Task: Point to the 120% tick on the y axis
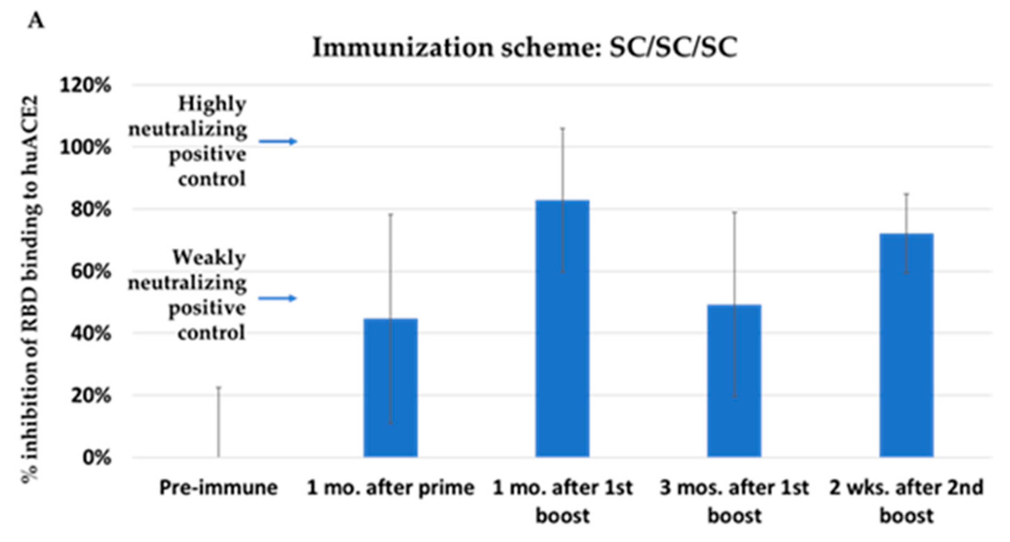pyautogui.click(x=85, y=85)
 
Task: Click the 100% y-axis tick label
pyautogui.click(x=85, y=147)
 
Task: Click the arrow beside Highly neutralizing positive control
pyautogui.click(x=278, y=141)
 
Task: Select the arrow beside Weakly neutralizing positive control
pyautogui.click(x=277, y=298)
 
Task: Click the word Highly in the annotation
pyautogui.click(x=212, y=105)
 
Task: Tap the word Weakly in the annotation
pyautogui.click(x=209, y=258)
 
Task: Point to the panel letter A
pyautogui.click(x=36, y=20)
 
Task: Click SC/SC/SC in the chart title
pyautogui.click(x=673, y=48)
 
